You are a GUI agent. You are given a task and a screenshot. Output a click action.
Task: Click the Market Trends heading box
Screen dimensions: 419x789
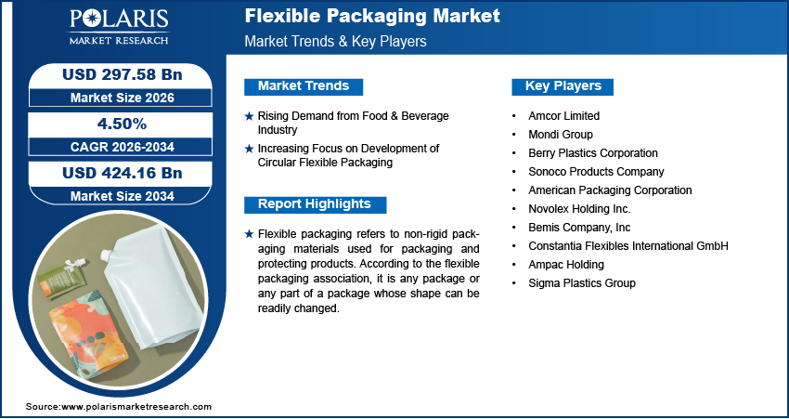point(304,86)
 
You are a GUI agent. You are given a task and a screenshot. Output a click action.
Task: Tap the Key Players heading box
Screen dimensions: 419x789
point(563,86)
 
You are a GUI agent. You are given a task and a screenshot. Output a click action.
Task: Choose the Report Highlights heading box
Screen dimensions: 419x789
point(314,204)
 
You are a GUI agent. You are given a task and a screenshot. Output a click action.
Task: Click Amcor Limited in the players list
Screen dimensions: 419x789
point(563,116)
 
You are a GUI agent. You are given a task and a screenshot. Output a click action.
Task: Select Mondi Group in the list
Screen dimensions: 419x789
point(560,135)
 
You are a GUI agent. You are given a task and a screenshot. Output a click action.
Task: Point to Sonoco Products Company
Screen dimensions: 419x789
point(596,172)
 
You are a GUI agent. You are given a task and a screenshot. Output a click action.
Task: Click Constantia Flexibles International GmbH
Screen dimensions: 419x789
point(627,246)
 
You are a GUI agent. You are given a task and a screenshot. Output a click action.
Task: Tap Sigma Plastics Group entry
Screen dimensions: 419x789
point(581,283)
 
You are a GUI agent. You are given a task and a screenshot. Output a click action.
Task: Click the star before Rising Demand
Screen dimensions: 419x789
point(249,116)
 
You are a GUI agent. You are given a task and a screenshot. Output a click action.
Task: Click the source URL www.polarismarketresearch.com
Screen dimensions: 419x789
point(136,407)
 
